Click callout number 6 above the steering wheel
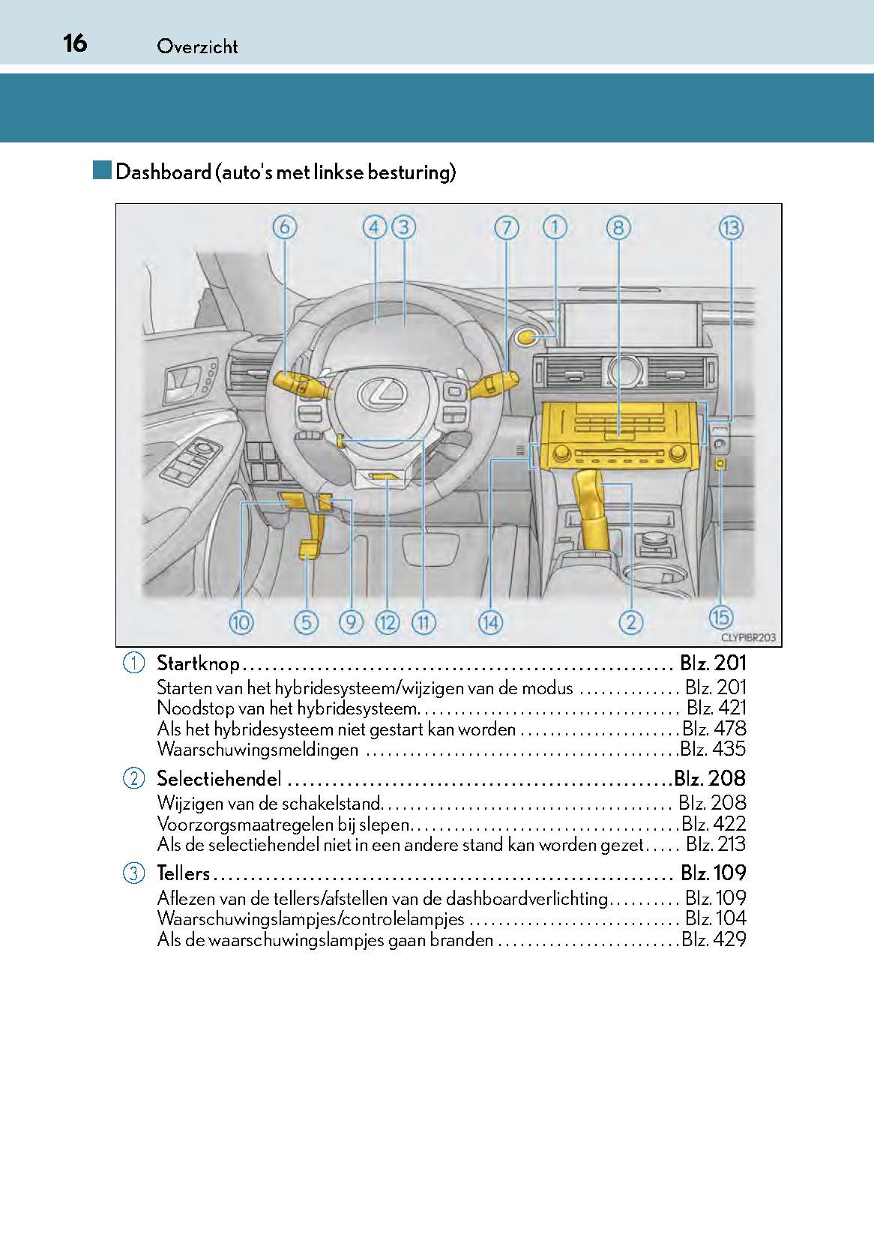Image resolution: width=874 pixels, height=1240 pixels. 285,227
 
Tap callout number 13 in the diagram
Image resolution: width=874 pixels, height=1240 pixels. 730,228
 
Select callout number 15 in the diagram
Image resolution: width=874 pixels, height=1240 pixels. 720,617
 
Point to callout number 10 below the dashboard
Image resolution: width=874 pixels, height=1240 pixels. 241,622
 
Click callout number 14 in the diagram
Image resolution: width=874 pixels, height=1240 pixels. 490,622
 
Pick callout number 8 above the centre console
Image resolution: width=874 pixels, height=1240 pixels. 618,228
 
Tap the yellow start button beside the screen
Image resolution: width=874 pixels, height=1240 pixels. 527,337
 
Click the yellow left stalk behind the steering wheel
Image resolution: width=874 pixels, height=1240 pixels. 295,383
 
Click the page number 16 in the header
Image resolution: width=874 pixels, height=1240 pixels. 74,43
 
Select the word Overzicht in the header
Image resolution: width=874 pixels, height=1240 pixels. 197,46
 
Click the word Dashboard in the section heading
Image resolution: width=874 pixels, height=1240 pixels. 163,172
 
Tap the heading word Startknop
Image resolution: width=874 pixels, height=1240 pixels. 198,663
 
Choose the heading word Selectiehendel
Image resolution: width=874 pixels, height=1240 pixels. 219,779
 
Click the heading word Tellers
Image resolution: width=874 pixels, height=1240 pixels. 183,873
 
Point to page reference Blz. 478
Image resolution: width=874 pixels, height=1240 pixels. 714,729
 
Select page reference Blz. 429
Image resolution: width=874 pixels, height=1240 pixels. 714,939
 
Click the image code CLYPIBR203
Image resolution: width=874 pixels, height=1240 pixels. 748,638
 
